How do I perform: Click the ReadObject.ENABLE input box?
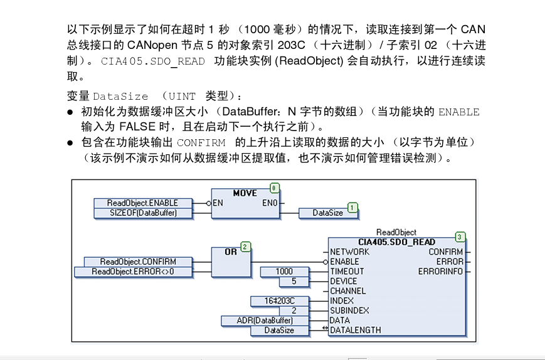coord(142,203)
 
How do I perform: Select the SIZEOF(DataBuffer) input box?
coord(143,213)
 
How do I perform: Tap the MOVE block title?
coord(245,193)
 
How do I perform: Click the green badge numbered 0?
coord(275,188)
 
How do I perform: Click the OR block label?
coord(231,251)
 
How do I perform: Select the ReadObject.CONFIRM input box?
coord(138,262)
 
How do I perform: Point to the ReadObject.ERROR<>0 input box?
coord(132,272)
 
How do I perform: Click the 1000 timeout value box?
coord(283,272)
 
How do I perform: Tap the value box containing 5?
coord(294,282)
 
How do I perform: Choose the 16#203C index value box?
coord(279,301)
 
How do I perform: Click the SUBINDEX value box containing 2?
coord(294,310)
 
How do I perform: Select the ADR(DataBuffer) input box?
coord(267,320)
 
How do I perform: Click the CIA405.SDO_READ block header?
coord(396,242)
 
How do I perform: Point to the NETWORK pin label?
coord(349,252)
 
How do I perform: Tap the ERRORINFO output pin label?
coord(441,272)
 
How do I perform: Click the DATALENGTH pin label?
coord(355,330)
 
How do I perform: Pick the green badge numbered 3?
coord(460,236)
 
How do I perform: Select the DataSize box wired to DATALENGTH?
coord(279,331)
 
